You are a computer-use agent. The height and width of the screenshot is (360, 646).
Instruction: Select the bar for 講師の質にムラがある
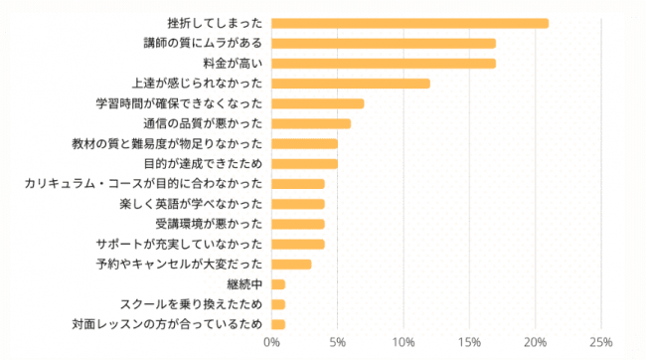point(383,43)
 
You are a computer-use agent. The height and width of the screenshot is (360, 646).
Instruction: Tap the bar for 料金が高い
point(383,63)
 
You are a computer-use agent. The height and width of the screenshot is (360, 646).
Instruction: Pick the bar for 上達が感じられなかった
point(350,84)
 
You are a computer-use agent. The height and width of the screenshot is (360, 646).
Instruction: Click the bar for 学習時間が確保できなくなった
point(317,103)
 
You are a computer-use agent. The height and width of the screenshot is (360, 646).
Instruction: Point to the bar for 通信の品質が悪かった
point(310,123)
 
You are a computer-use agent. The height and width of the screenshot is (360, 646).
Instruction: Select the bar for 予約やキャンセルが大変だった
point(291,265)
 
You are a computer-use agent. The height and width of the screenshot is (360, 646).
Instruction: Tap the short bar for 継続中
point(278,284)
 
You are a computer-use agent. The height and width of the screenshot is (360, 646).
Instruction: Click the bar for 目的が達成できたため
point(304,164)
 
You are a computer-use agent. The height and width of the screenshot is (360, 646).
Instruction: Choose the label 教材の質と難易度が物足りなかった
point(168,143)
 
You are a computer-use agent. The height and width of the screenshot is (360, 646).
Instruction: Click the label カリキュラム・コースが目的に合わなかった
point(143,184)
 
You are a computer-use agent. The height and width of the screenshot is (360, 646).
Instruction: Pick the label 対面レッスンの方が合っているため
point(167,324)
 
